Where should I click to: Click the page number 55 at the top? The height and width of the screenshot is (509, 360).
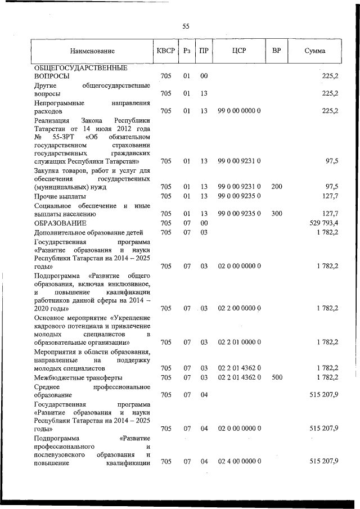[186, 26]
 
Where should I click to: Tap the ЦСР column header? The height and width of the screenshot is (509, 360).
[238, 51]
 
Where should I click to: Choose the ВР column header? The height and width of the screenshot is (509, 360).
[276, 51]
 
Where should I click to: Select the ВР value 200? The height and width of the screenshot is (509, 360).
[276, 187]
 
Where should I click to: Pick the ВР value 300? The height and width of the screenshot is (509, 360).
[276, 214]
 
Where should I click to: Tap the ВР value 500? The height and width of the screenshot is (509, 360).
[276, 377]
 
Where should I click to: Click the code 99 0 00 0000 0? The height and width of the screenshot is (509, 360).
[238, 111]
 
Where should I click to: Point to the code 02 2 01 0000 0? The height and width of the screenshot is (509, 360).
[238, 342]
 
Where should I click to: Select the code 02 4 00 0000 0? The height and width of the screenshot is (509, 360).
[238, 462]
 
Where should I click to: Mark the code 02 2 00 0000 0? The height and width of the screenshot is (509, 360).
[238, 308]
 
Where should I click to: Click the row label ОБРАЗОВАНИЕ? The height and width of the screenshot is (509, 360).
[60, 223]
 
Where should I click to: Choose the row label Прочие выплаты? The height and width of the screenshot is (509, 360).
[60, 196]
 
